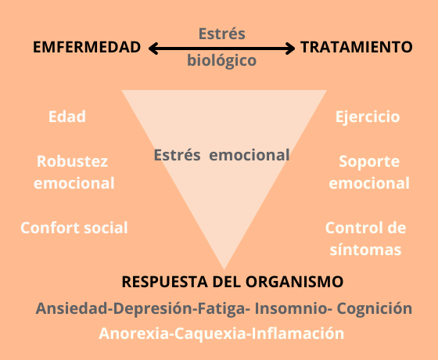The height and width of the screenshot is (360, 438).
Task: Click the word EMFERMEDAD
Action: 87,47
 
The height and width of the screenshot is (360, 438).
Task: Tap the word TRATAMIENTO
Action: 357,47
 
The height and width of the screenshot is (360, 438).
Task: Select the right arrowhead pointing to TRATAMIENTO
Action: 290,49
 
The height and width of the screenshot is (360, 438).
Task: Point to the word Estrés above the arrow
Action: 222,33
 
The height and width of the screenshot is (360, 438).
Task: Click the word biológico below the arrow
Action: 222,60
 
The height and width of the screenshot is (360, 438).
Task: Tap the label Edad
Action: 67,117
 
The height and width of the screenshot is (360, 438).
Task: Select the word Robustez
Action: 72,161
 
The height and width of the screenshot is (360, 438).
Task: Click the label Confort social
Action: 74,228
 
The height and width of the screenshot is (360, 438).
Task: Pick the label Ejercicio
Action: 368,117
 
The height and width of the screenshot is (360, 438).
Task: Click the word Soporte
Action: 369,161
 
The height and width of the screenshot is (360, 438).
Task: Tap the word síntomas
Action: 365,250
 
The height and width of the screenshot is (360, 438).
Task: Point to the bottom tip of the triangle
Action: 224,269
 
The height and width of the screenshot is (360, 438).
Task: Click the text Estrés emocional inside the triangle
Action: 221,155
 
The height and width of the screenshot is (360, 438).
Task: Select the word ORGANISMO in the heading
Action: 294,282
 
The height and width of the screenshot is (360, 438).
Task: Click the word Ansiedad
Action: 72,308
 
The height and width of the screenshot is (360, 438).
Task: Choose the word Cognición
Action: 375,308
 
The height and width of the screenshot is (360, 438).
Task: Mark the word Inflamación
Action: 298,333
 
